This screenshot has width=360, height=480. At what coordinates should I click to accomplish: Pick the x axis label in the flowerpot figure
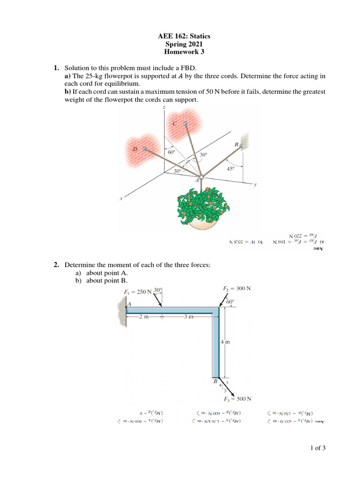tap(121, 199)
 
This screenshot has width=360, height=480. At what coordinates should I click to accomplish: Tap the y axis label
tap(255, 184)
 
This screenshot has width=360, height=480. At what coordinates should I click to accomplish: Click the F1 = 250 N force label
tap(138, 292)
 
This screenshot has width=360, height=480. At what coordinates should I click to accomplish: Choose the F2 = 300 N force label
tap(236, 288)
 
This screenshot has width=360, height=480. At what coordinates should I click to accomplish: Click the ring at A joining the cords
tap(201, 177)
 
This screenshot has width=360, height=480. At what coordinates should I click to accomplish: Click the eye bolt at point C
tap(186, 124)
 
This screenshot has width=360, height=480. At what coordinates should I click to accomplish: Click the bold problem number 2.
tap(56, 265)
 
